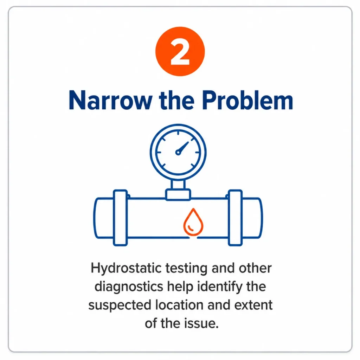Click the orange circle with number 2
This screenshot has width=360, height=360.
click(180, 51)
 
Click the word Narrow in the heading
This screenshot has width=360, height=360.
click(110, 101)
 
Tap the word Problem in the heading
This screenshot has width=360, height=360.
click(247, 101)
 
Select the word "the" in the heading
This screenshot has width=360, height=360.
click(177, 100)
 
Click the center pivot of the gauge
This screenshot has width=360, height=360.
click(178, 152)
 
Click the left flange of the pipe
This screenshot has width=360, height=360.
click(120, 218)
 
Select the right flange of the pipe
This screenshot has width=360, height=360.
click(235, 218)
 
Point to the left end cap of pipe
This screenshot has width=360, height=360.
click(103, 218)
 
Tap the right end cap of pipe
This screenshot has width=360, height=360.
click(252, 218)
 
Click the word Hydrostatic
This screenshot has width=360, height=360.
click(126, 269)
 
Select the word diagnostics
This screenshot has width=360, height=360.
click(129, 287)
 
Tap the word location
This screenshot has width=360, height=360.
click(179, 305)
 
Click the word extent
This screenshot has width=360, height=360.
click(253, 305)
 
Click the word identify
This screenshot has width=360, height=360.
click(220, 287)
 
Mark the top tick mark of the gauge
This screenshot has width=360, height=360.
click(178, 133)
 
